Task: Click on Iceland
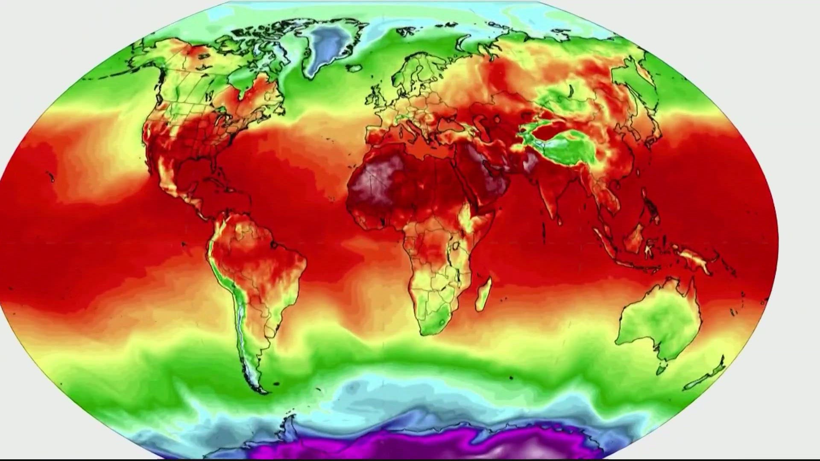point(354,67)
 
